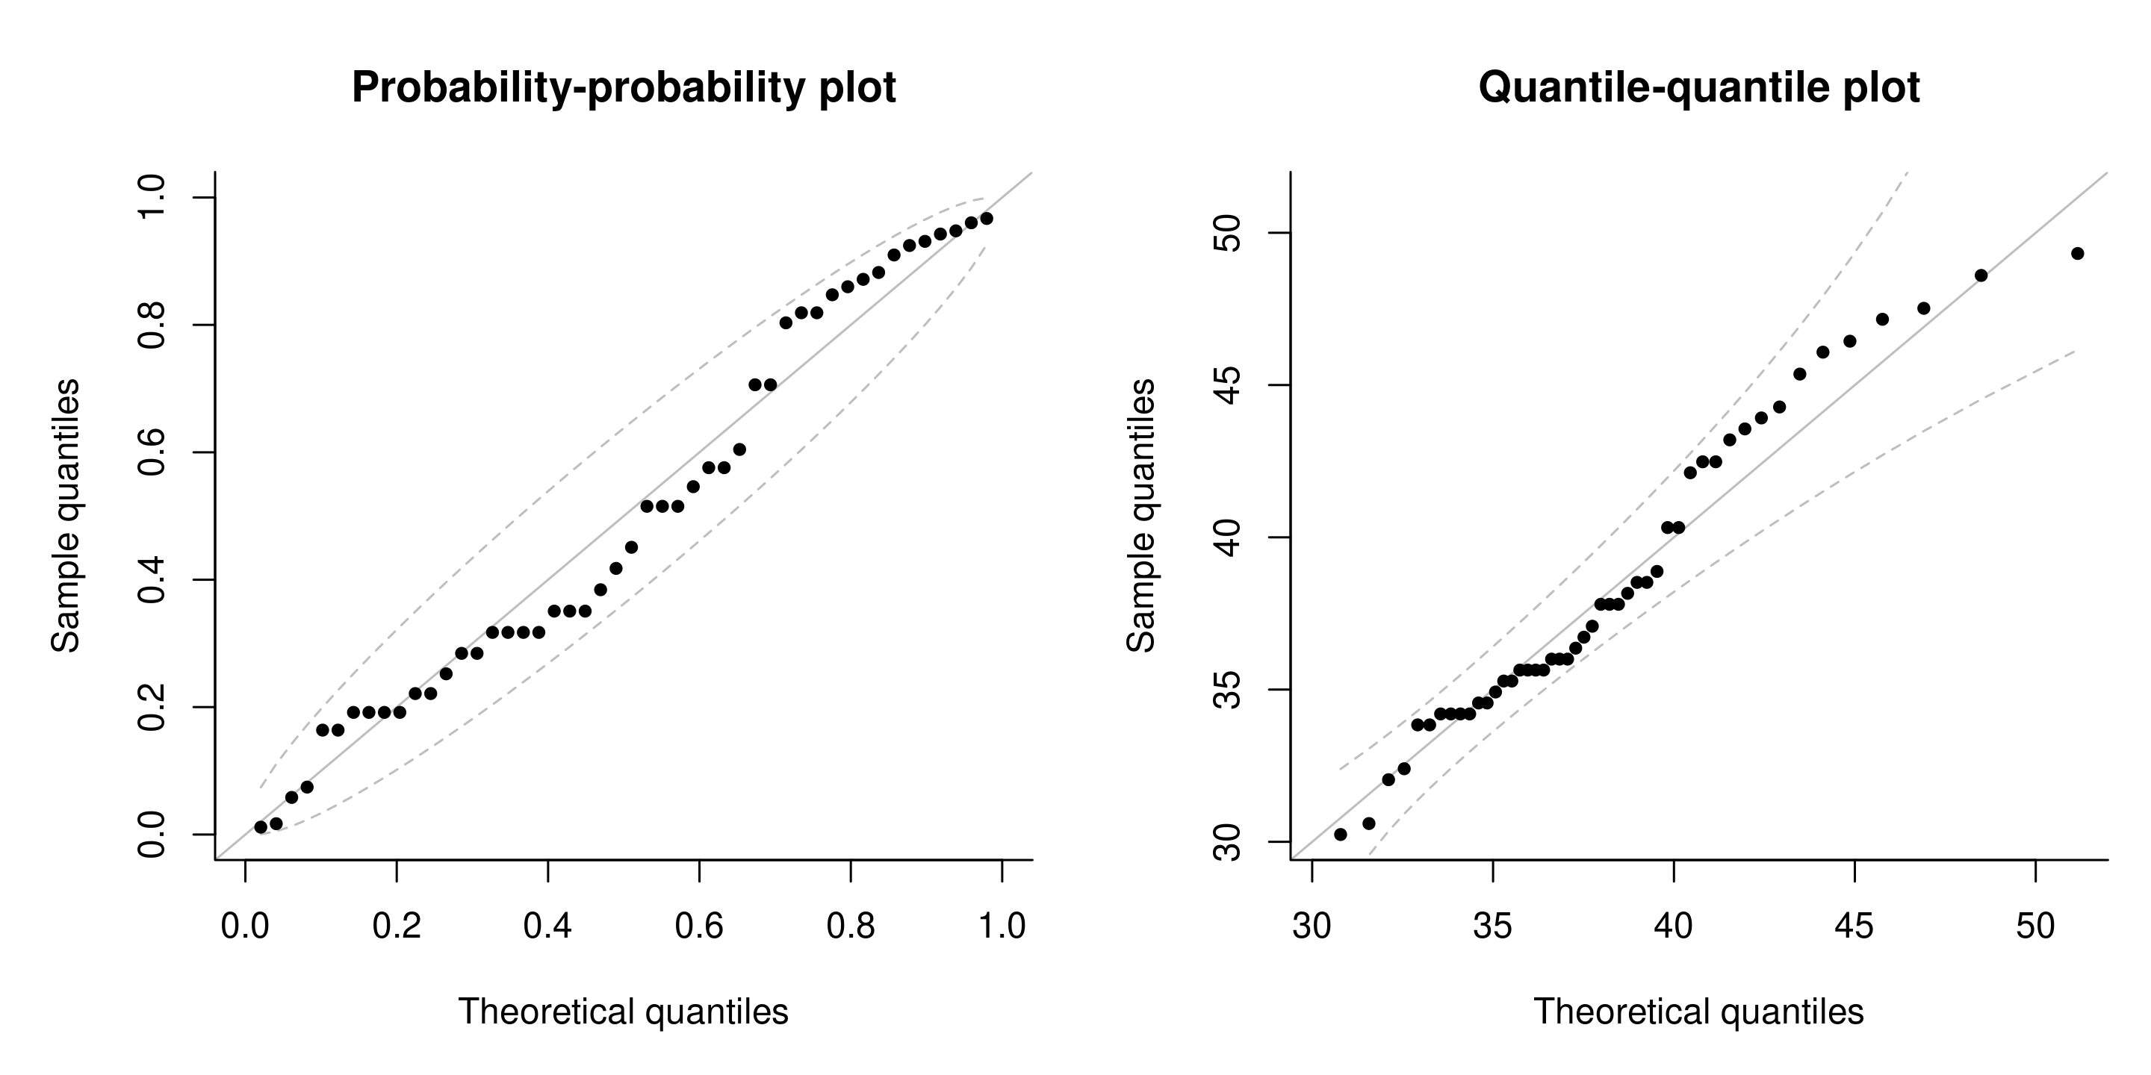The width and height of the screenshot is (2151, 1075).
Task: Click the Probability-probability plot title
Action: pyautogui.click(x=623, y=87)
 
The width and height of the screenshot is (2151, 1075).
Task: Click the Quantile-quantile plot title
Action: pyautogui.click(x=1698, y=87)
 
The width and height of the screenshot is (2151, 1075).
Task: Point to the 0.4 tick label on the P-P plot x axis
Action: pyautogui.click(x=547, y=926)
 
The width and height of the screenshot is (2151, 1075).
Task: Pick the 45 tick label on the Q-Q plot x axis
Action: pyautogui.click(x=1854, y=926)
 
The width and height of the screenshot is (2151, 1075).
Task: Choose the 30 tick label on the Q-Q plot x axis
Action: pyautogui.click(x=1312, y=926)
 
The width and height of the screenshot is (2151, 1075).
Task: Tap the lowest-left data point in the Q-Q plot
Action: pyautogui.click(x=1340, y=835)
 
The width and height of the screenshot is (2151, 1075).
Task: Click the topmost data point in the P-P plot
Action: pyautogui.click(x=986, y=219)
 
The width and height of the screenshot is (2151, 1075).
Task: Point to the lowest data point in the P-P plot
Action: pyautogui.click(x=261, y=827)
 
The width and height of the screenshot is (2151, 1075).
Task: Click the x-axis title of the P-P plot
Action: pyautogui.click(x=623, y=1012)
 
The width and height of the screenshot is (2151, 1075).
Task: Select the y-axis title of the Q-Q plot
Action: pyautogui.click(x=1141, y=515)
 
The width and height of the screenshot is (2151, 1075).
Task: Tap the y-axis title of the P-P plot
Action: pyautogui.click(x=66, y=515)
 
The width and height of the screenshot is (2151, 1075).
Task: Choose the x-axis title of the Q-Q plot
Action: pyautogui.click(x=1698, y=1012)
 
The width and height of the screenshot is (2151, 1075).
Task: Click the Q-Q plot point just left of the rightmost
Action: pyautogui.click(x=1981, y=275)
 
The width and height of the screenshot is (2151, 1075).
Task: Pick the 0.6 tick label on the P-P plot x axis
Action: pyautogui.click(x=699, y=926)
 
